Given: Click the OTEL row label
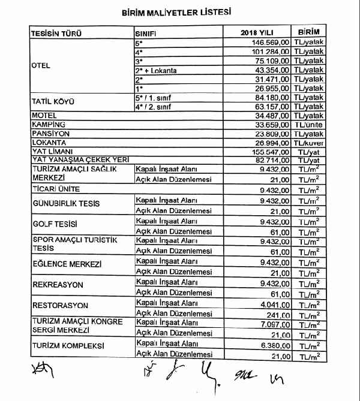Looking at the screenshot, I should [40, 66].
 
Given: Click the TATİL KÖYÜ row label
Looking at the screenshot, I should [52, 102].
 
